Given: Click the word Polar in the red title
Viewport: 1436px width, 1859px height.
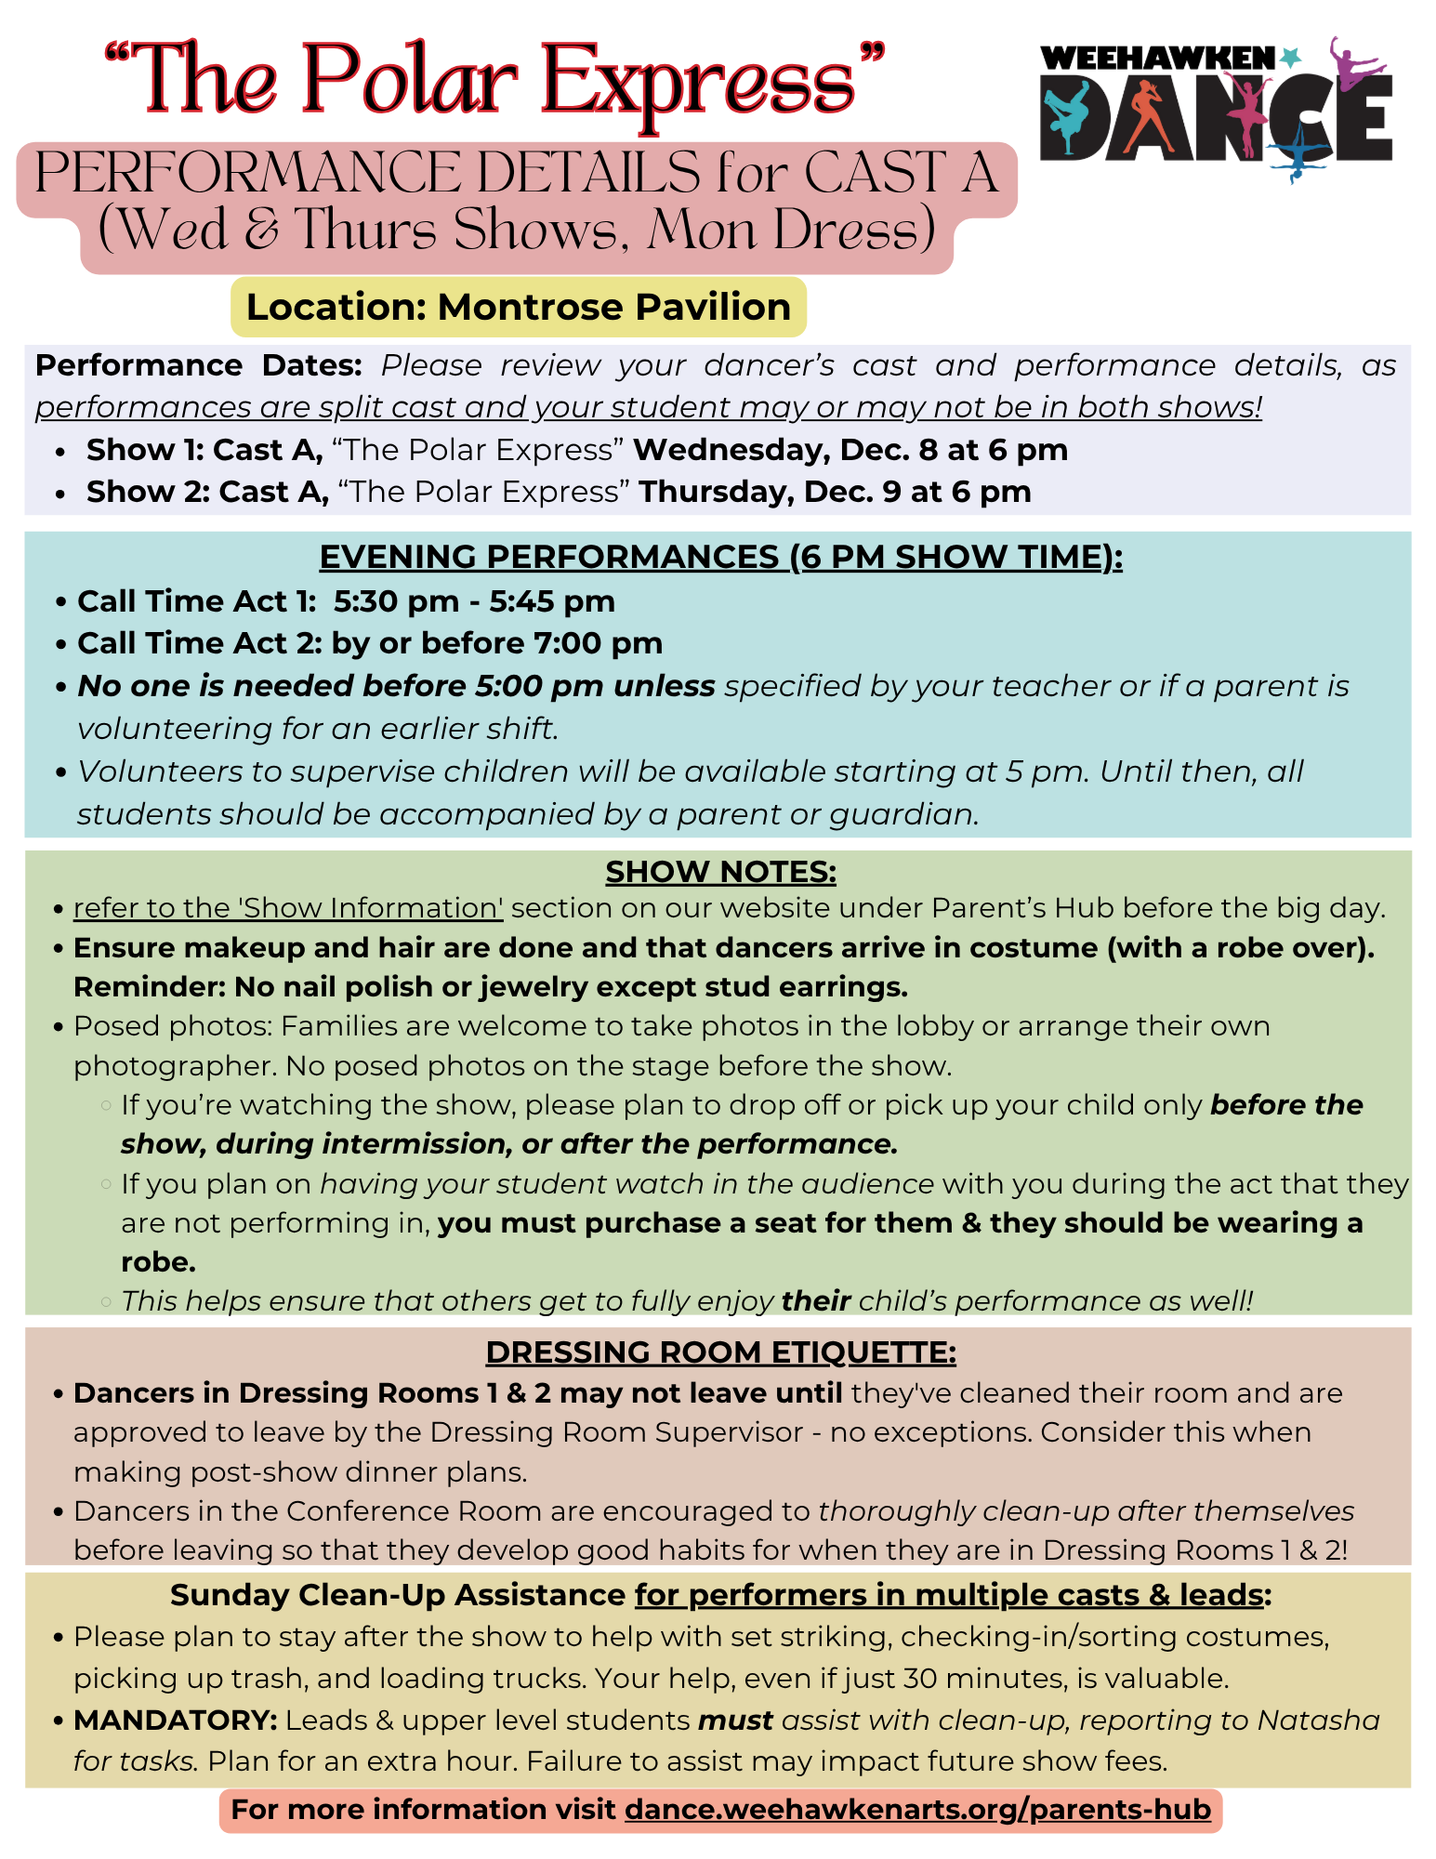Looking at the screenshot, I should (409, 84).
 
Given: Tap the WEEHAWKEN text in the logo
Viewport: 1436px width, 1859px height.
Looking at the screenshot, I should (1157, 59).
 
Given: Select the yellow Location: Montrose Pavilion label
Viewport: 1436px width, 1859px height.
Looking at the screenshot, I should (518, 307).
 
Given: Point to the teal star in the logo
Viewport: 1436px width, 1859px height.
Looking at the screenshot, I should (1289, 58).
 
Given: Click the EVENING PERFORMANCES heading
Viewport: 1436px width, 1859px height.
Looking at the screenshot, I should (720, 557).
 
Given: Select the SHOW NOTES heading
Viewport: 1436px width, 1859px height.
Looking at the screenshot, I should (720, 872).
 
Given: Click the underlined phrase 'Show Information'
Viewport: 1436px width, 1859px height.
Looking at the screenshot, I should (288, 908).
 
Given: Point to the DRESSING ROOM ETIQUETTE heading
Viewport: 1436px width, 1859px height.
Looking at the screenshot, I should (720, 1352).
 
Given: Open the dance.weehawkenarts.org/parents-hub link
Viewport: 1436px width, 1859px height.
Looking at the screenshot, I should (917, 1810).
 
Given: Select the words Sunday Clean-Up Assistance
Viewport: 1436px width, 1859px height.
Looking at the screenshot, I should (398, 1595).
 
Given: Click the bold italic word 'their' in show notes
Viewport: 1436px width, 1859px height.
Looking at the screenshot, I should (816, 1300).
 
